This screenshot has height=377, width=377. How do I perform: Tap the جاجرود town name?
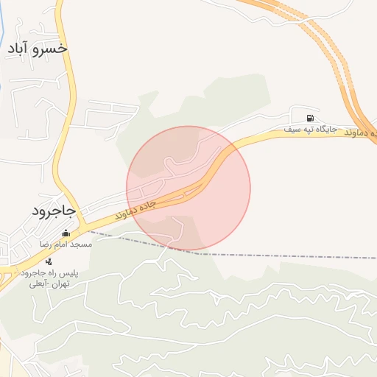pos(54,211)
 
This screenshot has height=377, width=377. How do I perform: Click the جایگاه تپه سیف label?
pos(311,130)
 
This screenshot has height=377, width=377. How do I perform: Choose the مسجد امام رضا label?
pos(66,244)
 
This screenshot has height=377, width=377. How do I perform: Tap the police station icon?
pos(49,261)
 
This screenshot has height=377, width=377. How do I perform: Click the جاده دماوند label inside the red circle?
pos(135,209)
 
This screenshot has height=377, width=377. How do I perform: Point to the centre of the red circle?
pos(188,188)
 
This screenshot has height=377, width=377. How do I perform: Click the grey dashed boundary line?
pos(295,257)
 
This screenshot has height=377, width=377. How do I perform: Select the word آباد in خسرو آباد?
pos(18,49)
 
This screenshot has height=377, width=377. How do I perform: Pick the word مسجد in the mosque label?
pos(82,244)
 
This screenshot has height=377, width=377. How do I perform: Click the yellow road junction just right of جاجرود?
pos(83,224)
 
